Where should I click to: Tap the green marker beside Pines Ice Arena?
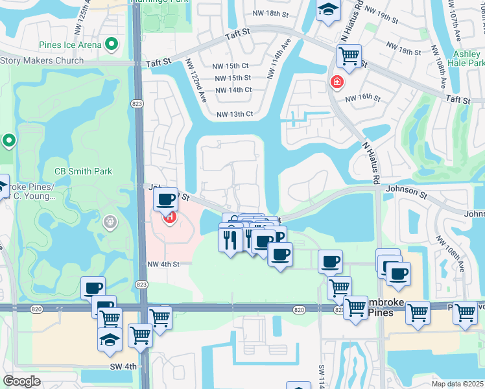coord(112,45)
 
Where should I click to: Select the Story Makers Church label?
coord(42,61)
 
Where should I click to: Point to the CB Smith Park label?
coord(83,172)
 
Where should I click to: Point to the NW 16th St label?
coord(362,98)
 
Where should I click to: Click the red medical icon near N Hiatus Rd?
coord(337,82)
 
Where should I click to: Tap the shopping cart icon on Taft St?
coord(349,56)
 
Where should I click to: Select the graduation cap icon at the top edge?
coord(328,9)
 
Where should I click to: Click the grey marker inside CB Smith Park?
coord(110,223)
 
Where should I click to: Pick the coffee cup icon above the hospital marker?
coord(167,198)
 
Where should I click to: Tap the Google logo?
coord(21,381)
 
